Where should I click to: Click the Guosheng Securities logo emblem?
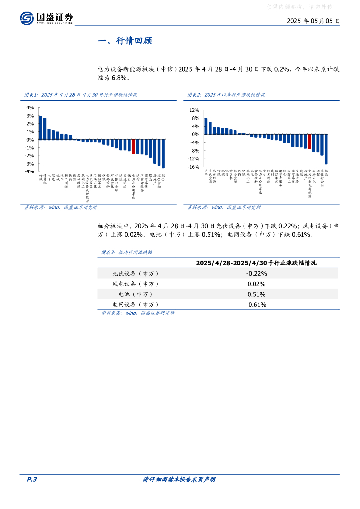[x=27, y=18]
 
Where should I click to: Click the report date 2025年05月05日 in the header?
[x=313, y=21]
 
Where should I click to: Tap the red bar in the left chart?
[x=133, y=146]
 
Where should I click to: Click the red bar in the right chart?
[x=309, y=141]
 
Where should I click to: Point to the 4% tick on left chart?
[x=30, y=108]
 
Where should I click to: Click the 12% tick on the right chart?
[x=194, y=110]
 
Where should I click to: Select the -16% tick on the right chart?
[x=193, y=167]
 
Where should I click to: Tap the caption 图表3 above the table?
[x=108, y=252]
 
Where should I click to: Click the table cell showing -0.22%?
[x=256, y=273]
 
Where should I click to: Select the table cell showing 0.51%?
[x=256, y=294]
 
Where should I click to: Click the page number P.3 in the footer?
[x=31, y=479]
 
